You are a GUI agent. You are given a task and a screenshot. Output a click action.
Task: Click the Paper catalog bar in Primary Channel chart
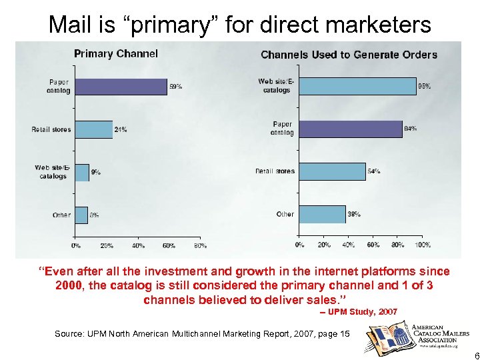pyautogui.click(x=120, y=87)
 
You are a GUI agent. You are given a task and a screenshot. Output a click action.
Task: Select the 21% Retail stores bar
pyautogui.click(x=93, y=129)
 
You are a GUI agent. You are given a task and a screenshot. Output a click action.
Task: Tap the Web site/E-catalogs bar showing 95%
pyautogui.click(x=357, y=86)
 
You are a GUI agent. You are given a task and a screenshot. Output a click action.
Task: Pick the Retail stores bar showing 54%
pyautogui.click(x=331, y=171)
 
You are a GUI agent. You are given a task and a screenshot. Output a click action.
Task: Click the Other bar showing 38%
pyautogui.click(x=321, y=214)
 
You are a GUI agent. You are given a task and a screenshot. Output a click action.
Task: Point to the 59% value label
pyautogui.click(x=175, y=87)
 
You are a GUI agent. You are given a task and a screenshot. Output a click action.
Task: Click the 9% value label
pyautogui.click(x=97, y=172)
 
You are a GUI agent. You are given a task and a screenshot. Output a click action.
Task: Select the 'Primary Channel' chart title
pyautogui.click(x=116, y=54)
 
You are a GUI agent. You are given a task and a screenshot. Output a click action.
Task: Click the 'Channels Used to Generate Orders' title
pyautogui.click(x=349, y=55)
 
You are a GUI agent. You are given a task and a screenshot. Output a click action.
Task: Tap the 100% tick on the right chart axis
pyautogui.click(x=422, y=245)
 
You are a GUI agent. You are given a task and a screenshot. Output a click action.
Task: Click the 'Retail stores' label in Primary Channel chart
pyautogui.click(x=51, y=129)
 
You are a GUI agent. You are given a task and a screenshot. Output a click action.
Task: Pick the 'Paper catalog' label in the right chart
pyautogui.click(x=281, y=129)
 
